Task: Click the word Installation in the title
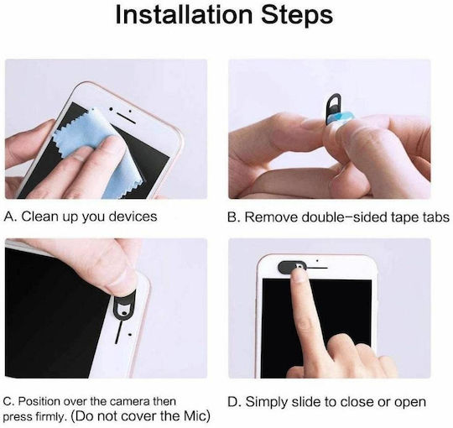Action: click(184, 14)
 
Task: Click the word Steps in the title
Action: click(297, 15)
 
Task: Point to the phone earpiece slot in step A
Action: click(126, 117)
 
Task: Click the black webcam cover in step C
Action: click(124, 307)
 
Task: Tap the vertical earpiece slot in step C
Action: click(118, 332)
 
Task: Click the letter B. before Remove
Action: click(233, 217)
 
